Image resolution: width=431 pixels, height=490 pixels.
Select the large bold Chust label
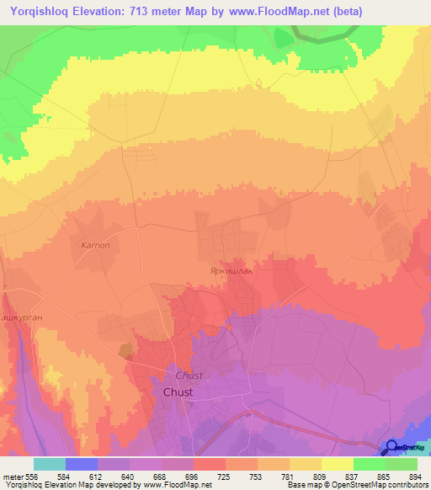point(178,392)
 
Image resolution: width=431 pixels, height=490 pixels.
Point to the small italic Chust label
point(189,375)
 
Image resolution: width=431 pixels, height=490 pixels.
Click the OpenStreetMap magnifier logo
point(391,447)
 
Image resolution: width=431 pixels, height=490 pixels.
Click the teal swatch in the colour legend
point(50,464)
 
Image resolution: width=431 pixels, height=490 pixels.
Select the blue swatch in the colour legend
point(82,464)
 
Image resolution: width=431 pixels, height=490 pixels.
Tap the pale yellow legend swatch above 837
point(338,464)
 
